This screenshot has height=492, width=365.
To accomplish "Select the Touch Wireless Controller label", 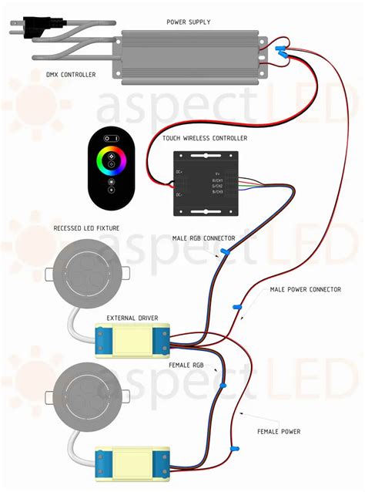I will coord(204,137).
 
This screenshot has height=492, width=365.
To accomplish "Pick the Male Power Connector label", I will coord(305,289).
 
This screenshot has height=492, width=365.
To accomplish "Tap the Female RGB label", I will coord(187,365).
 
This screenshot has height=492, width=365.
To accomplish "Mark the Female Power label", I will coord(280,431).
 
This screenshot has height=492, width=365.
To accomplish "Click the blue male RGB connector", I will coord(225,251).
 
